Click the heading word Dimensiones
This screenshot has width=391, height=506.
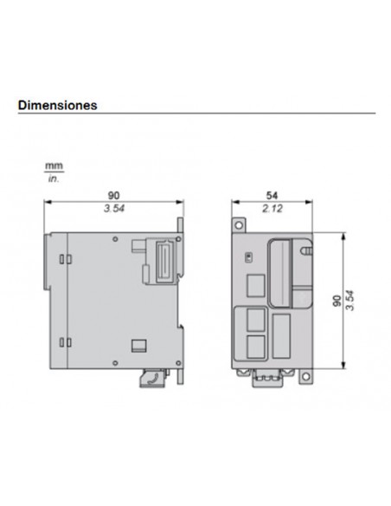(57, 105)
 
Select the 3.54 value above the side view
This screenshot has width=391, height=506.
(114, 210)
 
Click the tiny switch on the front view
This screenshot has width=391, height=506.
(249, 257)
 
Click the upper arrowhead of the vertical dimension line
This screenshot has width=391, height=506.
(343, 234)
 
